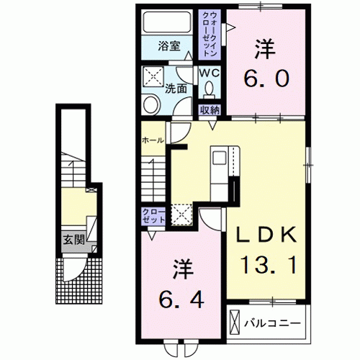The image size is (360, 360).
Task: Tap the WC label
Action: click(x=210, y=73)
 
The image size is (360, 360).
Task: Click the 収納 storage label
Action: click(x=210, y=110)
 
